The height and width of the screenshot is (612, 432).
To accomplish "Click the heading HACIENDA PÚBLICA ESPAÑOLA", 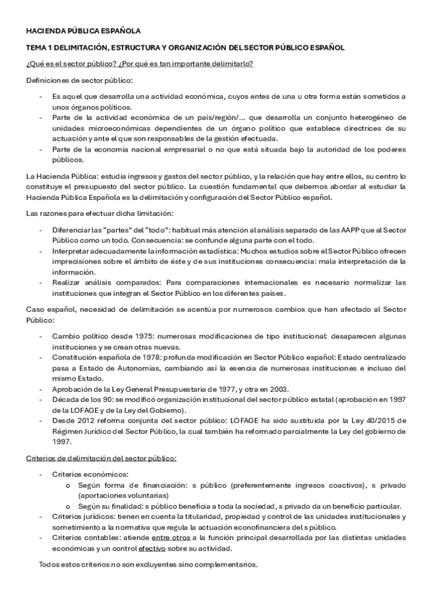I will click(83, 32).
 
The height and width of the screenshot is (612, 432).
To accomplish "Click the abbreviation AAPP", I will click(325, 229).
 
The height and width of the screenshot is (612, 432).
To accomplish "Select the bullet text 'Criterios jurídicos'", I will click(81, 517).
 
